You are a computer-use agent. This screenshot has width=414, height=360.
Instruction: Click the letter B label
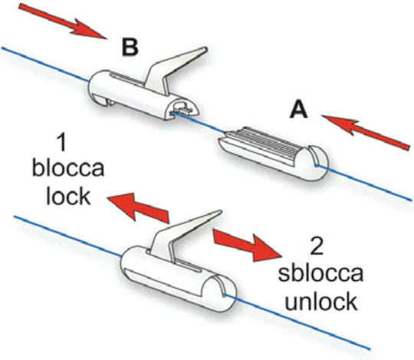pos(130,48)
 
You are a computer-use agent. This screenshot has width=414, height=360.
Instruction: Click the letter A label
pos(299,111)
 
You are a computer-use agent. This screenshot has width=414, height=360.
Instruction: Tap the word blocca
pos(68,168)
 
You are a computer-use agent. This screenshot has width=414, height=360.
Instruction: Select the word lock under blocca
pos(68,196)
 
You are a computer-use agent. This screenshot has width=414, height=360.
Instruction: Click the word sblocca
pos(320,273)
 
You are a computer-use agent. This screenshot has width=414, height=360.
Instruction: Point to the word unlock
pos(321,301)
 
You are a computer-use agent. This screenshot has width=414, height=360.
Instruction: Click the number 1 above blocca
pos(61,142)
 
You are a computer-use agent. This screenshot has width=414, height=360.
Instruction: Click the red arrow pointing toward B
pos(63,21)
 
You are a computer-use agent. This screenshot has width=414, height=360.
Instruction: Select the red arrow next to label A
pos(366,133)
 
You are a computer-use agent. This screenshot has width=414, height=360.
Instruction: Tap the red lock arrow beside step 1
pos(138,207)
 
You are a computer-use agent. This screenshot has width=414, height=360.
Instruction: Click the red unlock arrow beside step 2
pos(248,245)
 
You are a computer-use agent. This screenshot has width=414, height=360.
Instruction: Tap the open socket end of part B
pos(183,107)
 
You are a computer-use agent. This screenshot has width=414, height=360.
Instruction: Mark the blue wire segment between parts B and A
pos(199,121)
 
